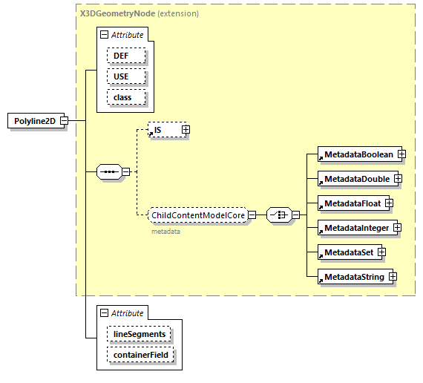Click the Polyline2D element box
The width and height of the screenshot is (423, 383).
point(35,121)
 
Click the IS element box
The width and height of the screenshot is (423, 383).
point(164,130)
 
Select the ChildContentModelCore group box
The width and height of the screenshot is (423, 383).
point(197,215)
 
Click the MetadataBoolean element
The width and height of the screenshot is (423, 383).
point(356,154)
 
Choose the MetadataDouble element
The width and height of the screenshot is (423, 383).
point(355,179)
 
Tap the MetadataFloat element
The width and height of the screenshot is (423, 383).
point(350,203)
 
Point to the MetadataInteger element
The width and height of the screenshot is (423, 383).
point(355,227)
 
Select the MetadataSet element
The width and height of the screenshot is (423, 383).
point(347,252)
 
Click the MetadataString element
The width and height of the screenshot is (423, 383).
point(352,277)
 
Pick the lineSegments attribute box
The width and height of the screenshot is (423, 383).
point(139,335)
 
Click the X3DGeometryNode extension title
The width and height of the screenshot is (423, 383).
point(139,13)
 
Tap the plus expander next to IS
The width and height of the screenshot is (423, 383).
point(186,130)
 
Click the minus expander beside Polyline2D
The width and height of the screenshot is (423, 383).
point(65,121)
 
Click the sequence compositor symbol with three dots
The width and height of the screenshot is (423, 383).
point(109,172)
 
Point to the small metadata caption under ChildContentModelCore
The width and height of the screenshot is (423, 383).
point(165,231)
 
